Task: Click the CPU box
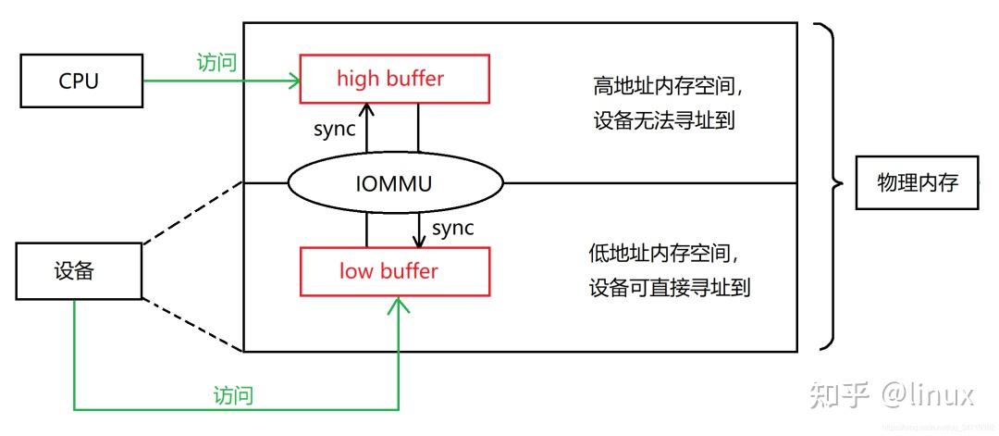point(80,81)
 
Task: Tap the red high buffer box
point(394,79)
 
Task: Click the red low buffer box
point(394,271)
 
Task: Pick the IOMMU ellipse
point(395,183)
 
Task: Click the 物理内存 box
point(916,183)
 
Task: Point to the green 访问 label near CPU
point(216,62)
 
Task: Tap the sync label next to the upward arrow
point(334,129)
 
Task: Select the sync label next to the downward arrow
point(452,228)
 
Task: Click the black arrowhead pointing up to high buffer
point(366,109)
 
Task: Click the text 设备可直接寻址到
point(669,287)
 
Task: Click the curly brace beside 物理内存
point(830,185)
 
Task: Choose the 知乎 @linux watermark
point(891,395)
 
